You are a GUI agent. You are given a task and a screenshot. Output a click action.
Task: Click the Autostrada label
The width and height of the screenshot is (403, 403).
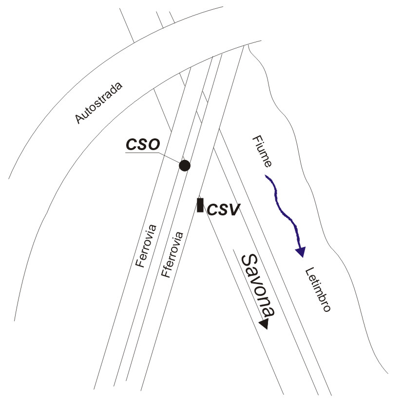click(98, 103)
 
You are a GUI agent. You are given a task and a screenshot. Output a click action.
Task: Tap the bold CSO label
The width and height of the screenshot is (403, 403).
click(143, 144)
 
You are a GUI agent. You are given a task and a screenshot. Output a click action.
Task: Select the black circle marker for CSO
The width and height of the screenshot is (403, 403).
click(185, 166)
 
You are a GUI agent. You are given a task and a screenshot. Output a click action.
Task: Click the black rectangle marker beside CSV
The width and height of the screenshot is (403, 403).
click(200, 205)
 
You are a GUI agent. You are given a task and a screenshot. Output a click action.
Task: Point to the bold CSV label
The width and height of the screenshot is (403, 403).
click(223, 210)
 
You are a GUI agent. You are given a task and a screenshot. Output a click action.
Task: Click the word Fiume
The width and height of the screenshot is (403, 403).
click(262, 152)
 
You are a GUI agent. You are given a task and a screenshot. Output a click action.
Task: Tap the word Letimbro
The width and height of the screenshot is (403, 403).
click(318, 289)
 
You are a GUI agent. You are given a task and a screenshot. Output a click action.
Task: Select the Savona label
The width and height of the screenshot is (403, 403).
click(258, 285)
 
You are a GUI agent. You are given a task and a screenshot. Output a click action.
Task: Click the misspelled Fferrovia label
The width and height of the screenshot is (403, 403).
click(172, 254)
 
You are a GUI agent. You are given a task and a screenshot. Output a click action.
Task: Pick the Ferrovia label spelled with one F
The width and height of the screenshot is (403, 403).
click(146, 246)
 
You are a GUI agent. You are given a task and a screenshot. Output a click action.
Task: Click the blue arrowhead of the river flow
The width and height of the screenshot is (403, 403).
click(301, 251)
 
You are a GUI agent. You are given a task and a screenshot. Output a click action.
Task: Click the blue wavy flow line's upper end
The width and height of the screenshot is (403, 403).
click(266, 175)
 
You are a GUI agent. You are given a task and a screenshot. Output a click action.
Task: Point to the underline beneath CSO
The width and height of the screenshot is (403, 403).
click(142, 153)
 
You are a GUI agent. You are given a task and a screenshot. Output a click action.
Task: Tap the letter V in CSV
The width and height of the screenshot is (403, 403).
click(234, 210)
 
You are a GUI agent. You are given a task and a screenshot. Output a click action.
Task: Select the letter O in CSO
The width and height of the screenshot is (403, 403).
click(154, 144)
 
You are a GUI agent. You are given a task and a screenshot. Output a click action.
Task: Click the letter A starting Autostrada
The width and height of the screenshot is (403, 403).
click(79, 119)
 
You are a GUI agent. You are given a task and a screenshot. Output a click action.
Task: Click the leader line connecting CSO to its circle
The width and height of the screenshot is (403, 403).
click(169, 158)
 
